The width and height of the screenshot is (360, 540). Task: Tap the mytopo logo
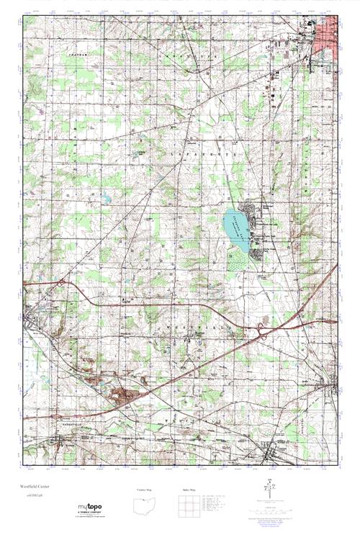pyautogui.click(x=91, y=508)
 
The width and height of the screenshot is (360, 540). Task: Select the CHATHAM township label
pyautogui.click(x=78, y=55)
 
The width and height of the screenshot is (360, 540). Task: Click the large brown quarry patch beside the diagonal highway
pyautogui.click(x=121, y=394)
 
